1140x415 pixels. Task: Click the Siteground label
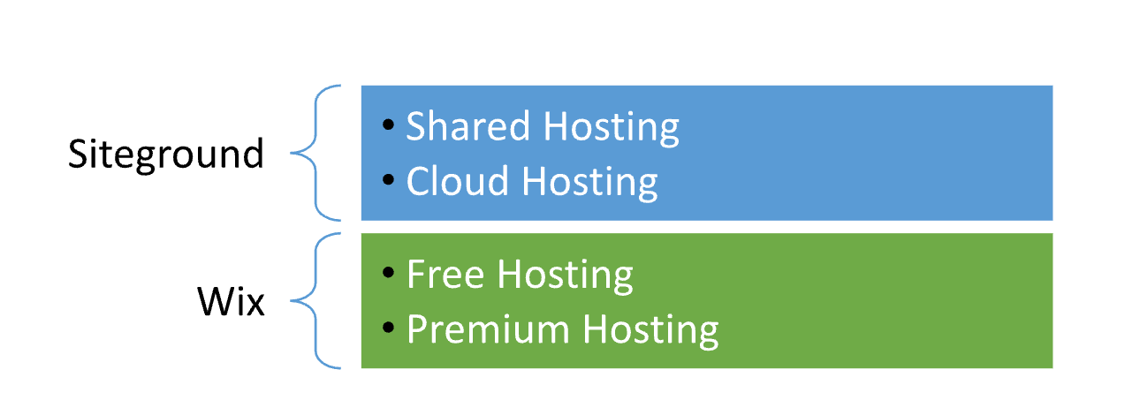click(166, 155)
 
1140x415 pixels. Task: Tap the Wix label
click(231, 301)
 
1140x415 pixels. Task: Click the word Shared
click(468, 125)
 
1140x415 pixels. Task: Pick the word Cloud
click(457, 180)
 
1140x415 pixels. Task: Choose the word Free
click(445, 274)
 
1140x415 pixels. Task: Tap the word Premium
click(488, 329)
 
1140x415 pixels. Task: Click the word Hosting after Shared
click(612, 128)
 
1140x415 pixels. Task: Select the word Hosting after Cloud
click(589, 183)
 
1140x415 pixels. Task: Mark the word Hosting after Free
click(566, 276)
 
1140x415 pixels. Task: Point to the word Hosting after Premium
click(651, 332)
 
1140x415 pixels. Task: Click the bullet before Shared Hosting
click(388, 124)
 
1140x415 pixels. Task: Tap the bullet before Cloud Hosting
click(388, 179)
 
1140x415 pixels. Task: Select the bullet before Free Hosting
click(388, 273)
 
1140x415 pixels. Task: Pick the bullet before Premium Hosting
click(388, 327)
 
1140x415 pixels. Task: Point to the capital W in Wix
click(217, 302)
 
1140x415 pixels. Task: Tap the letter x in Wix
click(255, 306)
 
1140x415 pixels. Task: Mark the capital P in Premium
click(417, 329)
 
